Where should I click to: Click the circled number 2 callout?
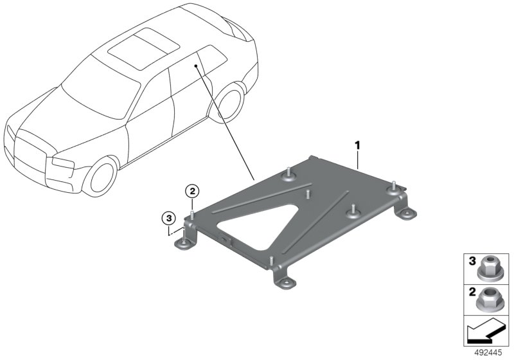192,191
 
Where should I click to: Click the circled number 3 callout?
169,218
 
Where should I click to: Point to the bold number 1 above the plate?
358,145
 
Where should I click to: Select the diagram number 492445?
488,353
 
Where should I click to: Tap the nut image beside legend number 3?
488,269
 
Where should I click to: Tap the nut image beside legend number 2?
488,299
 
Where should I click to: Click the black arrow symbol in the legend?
485,332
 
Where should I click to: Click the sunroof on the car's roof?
143,48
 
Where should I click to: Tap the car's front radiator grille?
30,153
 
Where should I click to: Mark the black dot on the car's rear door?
196,66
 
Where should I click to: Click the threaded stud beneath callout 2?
192,216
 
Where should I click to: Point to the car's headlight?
62,163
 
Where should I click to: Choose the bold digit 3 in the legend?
472,261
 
